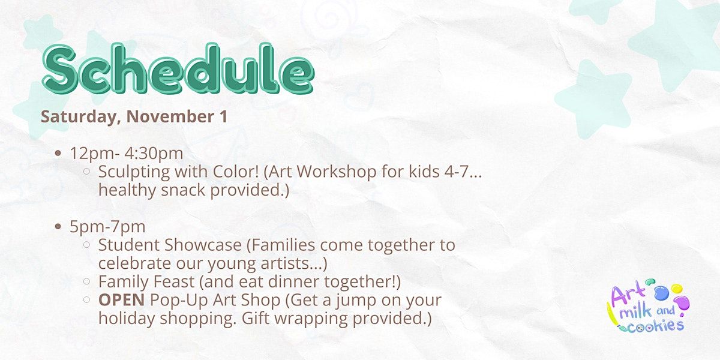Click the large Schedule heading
(178, 69)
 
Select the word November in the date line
(170, 116)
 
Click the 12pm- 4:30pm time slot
(127, 154)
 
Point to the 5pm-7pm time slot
(107, 227)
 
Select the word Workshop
(337, 172)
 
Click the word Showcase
(203, 245)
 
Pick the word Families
(283, 245)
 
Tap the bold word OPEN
(121, 300)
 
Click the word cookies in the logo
(656, 326)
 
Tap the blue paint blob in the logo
(661, 293)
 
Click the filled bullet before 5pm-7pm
(58, 227)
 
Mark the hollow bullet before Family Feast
(86, 281)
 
